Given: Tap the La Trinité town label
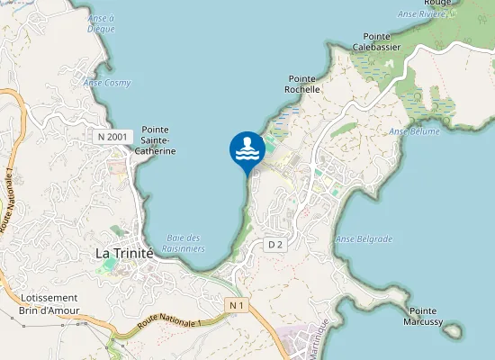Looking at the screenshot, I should click(x=124, y=254).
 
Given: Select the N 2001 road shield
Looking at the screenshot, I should click(x=114, y=136).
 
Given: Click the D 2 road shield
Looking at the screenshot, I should click(x=275, y=245).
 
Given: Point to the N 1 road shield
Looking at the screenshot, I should click(x=237, y=306).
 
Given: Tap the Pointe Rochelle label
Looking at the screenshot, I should click(x=302, y=85).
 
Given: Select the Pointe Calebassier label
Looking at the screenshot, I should click(x=376, y=41).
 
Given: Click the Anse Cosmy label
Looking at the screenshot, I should click(x=107, y=83).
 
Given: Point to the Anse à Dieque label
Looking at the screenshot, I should click(x=102, y=23).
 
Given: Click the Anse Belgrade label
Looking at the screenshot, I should click(x=364, y=239).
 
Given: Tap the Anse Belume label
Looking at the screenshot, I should click(x=414, y=131).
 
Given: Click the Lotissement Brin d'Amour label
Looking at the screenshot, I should click(x=49, y=304).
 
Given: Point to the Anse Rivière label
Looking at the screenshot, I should click(x=422, y=14).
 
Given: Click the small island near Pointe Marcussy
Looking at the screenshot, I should click(x=453, y=330).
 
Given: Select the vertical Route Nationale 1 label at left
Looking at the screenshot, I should click(x=8, y=198).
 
